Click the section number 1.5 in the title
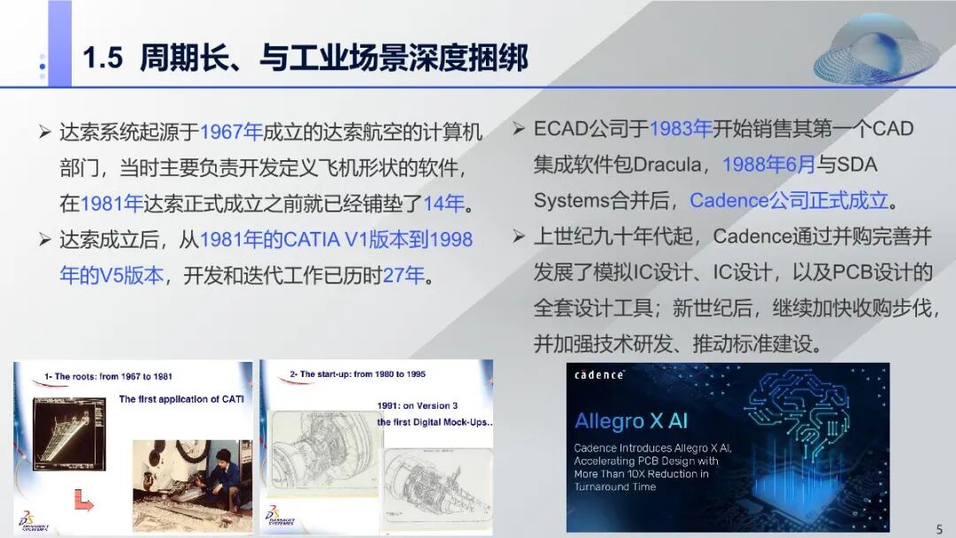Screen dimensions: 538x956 (103, 58)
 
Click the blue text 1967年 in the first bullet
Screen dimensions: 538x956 (232, 133)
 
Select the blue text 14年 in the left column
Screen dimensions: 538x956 (443, 204)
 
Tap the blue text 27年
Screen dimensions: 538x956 (403, 275)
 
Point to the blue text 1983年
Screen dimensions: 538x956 (681, 128)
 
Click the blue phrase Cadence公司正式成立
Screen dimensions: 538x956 (789, 200)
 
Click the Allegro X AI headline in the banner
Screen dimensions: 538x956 (633, 420)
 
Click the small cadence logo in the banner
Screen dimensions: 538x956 (599, 375)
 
